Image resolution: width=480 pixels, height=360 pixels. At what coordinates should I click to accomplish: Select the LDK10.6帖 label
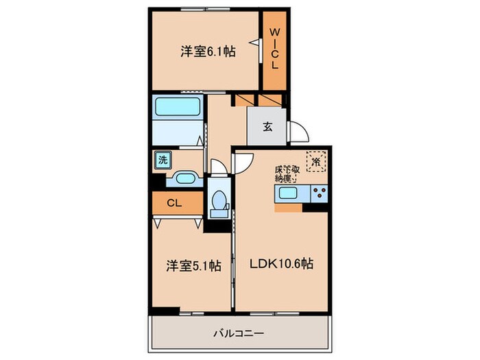tap(280, 263)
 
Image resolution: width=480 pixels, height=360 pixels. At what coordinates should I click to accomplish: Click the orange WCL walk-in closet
tap(274, 49)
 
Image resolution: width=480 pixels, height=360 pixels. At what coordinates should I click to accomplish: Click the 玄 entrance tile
tap(267, 126)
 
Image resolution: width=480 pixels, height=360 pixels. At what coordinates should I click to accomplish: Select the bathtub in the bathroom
tap(178, 108)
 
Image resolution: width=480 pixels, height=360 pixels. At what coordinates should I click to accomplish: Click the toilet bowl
tap(220, 201)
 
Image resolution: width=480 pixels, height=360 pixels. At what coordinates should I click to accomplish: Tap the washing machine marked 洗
tap(163, 160)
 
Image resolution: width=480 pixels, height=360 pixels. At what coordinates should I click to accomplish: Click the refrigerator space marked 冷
tap(315, 161)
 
